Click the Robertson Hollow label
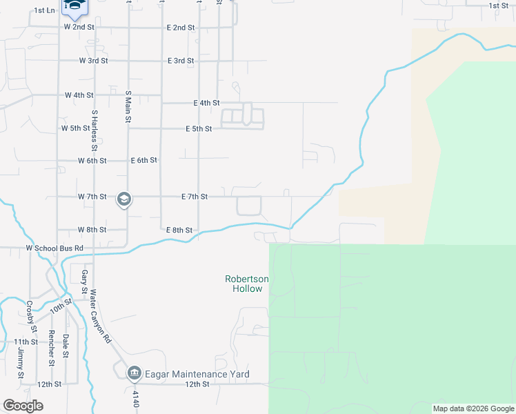[x=247, y=284]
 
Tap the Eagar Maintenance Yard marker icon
[x=134, y=375]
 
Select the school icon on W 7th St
[x=124, y=200]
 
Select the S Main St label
[x=128, y=106]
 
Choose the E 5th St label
[x=199, y=129]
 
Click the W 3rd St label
[x=93, y=61]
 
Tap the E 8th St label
[x=179, y=230]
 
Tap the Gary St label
[x=84, y=281]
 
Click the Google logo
[x=23, y=406]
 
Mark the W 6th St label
[x=92, y=161]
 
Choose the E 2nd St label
[x=181, y=28]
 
